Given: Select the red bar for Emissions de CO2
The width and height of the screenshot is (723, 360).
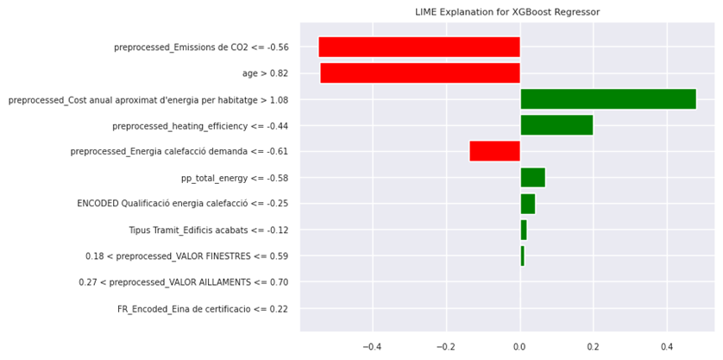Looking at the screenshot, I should click(x=419, y=47).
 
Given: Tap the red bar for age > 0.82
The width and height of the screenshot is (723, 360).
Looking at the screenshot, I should click(x=420, y=73).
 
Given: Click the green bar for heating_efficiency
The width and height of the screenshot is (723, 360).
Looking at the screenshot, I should click(x=556, y=125).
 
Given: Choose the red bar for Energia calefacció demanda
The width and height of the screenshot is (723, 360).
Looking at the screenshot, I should click(x=494, y=151).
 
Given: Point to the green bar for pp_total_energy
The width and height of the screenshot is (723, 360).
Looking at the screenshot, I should click(x=532, y=178).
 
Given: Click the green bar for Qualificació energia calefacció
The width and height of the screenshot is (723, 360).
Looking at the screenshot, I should click(x=527, y=204).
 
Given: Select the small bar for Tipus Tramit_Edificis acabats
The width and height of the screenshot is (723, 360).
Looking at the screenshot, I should click(x=523, y=231).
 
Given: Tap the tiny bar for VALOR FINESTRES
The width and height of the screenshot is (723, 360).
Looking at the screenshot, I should click(x=522, y=256).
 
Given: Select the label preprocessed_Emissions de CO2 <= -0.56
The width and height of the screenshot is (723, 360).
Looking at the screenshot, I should click(x=201, y=47).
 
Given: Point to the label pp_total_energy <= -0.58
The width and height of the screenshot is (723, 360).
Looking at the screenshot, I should click(x=234, y=178).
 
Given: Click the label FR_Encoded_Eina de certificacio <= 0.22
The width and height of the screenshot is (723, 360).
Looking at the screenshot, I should click(x=203, y=309).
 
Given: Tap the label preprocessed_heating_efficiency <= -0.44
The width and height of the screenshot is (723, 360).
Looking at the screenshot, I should click(x=200, y=126).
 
